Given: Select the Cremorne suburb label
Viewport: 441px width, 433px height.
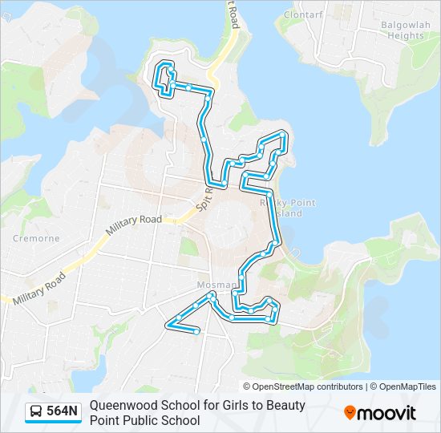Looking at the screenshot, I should pyautogui.click(x=35, y=238).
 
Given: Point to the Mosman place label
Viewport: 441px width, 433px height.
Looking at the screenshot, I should pyautogui.click(x=212, y=285).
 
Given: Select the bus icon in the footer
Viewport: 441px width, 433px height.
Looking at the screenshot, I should pyautogui.click(x=36, y=412).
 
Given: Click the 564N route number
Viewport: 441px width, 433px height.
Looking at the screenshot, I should pyautogui.click(x=63, y=412).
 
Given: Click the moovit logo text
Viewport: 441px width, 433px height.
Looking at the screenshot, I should pyautogui.click(x=386, y=413).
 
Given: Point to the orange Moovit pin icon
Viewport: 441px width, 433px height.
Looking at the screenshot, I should pyautogui.click(x=350, y=412).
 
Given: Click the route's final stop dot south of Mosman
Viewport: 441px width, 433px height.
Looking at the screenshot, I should pyautogui.click(x=197, y=331).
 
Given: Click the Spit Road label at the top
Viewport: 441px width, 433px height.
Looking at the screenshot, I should pyautogui.click(x=233, y=13).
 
